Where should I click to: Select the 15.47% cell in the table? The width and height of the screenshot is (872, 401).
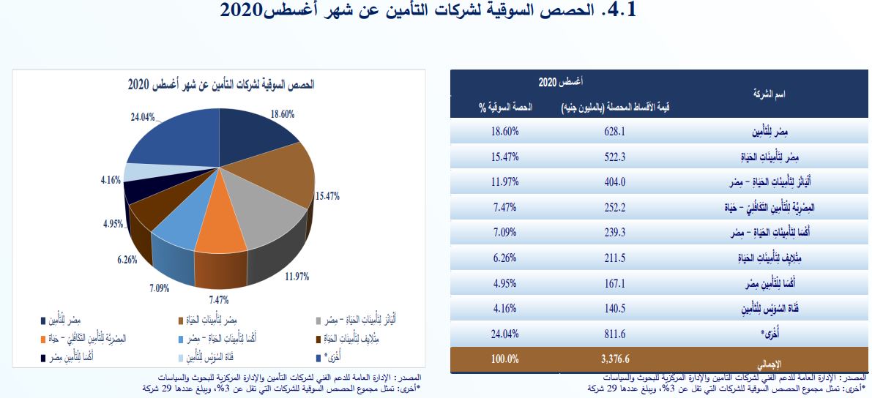click(x=504, y=157)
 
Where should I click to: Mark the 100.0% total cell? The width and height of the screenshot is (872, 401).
click(x=504, y=360)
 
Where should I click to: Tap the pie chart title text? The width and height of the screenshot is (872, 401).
click(x=220, y=85)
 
